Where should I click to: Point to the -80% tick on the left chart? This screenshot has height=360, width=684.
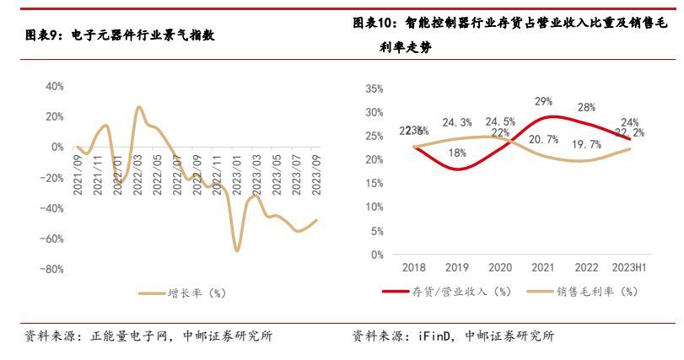[x=51, y=269]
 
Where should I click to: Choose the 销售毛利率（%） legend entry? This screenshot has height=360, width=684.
[x=595, y=293]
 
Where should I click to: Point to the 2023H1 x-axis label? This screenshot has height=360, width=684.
[x=628, y=267]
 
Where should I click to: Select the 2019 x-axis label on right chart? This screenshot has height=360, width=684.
[x=457, y=267]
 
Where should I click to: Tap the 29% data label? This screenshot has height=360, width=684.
[x=543, y=102]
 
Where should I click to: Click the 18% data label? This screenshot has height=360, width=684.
[x=457, y=153]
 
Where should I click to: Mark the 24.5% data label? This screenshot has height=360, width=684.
[x=499, y=121]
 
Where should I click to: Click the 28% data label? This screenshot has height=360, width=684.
[x=586, y=107]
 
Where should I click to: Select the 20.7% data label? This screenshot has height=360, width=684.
[x=542, y=139]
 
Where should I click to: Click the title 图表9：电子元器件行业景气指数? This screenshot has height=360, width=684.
[x=119, y=35]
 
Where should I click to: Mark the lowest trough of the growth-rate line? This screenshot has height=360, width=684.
[x=237, y=250]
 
